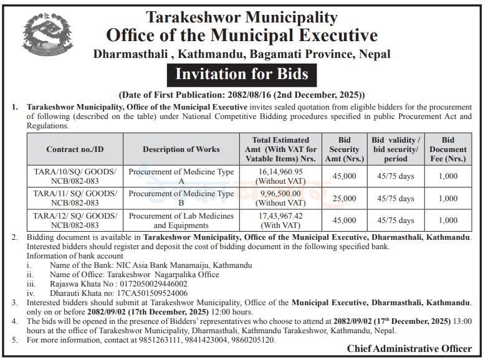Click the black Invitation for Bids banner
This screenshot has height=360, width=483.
click(x=241, y=74)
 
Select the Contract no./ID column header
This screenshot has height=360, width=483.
click(x=75, y=149)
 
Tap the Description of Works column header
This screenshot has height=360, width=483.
click(x=181, y=149)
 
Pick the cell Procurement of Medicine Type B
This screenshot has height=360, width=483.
click(x=181, y=198)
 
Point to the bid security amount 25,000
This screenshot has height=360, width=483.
click(x=345, y=198)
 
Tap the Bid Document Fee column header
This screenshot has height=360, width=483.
click(x=447, y=149)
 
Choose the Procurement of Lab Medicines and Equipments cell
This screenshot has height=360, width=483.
click(x=181, y=220)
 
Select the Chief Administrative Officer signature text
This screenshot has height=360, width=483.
click(x=409, y=349)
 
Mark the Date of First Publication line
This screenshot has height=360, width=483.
click(x=241, y=95)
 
